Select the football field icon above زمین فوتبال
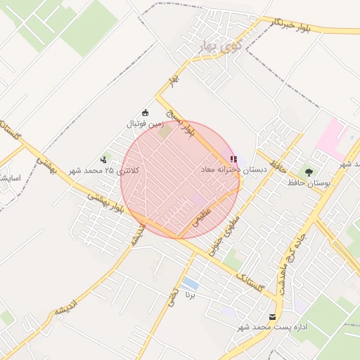pos(146,113)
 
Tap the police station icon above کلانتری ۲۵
pos(104,160)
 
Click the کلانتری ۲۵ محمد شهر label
pos(105,171)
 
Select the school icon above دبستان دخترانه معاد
pos(233,160)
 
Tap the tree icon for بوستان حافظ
pos(308,172)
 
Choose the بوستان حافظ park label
pos(309,183)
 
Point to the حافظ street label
pos(278,167)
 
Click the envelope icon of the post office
pos(273,317)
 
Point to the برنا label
pos(189,295)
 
